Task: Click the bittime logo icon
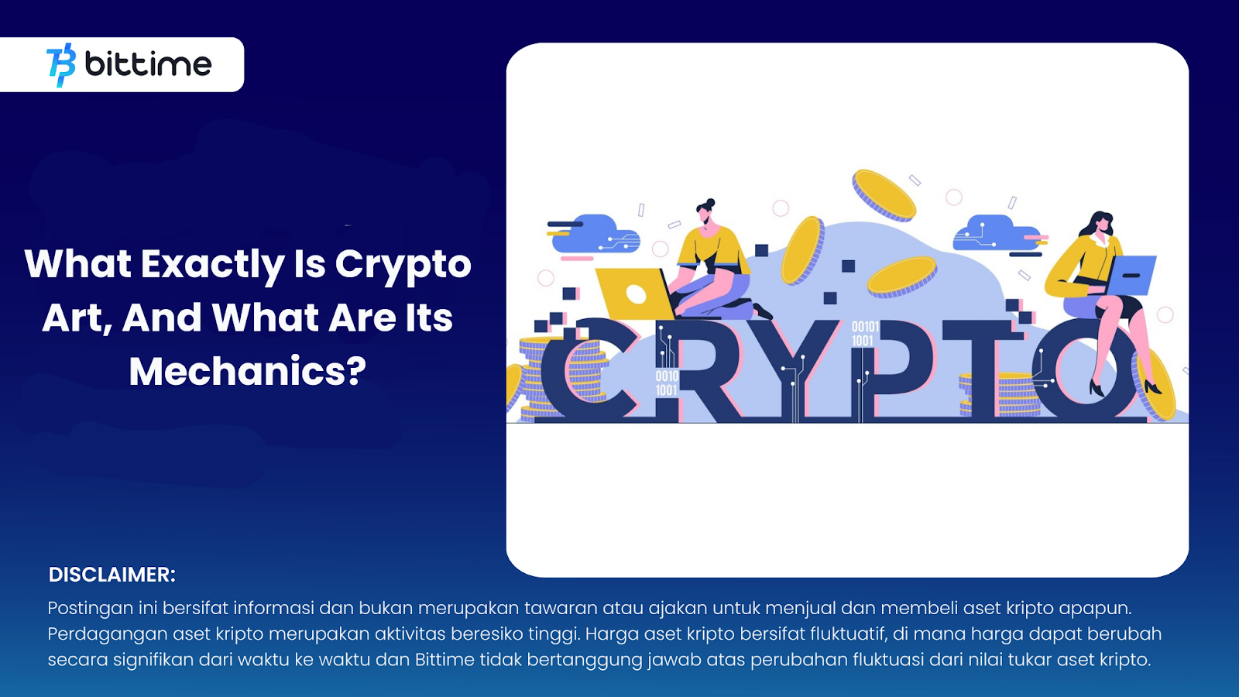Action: point(61,65)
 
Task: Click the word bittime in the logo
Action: point(148,64)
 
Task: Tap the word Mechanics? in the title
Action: point(247,371)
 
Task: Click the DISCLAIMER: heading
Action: point(112,575)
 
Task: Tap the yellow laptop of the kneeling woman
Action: point(635,294)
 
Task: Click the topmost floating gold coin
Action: point(884,195)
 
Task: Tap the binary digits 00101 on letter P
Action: point(865,326)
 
